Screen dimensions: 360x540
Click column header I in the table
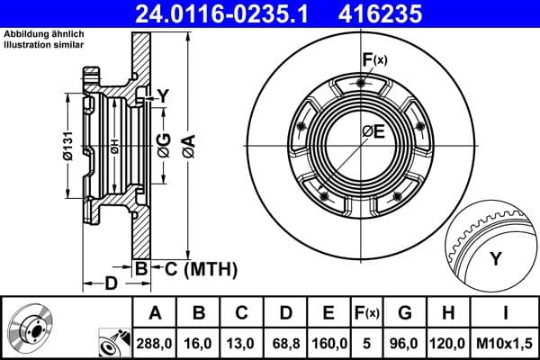(507, 313)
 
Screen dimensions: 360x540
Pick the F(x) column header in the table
(367, 313)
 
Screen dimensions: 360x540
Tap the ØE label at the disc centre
(373, 132)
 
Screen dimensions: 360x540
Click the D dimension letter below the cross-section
(110, 284)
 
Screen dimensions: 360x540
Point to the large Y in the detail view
(495, 259)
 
